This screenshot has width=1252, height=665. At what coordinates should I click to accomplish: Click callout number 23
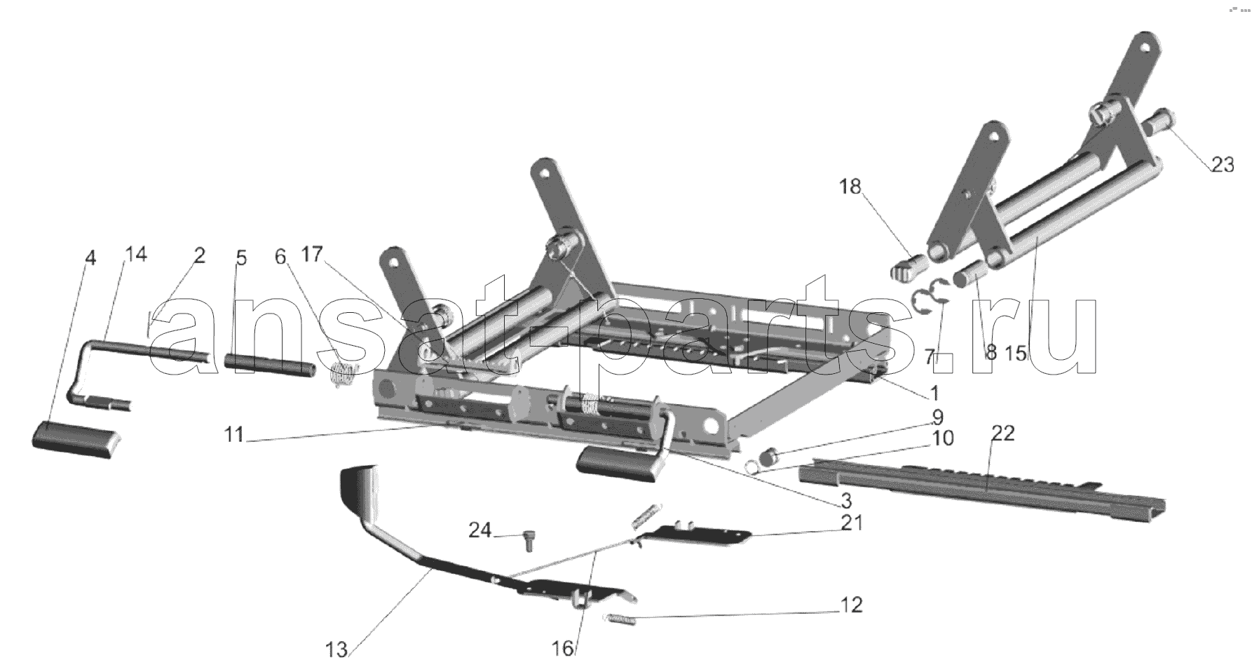click(1222, 166)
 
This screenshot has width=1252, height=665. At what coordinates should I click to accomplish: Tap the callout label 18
click(850, 187)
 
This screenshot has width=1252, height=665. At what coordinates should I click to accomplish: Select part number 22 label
click(1003, 434)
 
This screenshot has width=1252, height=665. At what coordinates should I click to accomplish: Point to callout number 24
click(479, 530)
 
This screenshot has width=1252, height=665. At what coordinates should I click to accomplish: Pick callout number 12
click(851, 605)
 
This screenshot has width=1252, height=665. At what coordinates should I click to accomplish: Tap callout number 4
click(89, 258)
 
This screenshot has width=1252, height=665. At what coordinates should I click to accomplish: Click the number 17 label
click(312, 254)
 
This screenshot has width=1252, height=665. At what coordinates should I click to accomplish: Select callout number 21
click(852, 523)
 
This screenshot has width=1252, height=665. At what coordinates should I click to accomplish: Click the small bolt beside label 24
click(527, 541)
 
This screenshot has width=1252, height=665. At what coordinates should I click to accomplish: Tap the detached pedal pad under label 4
click(76, 440)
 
